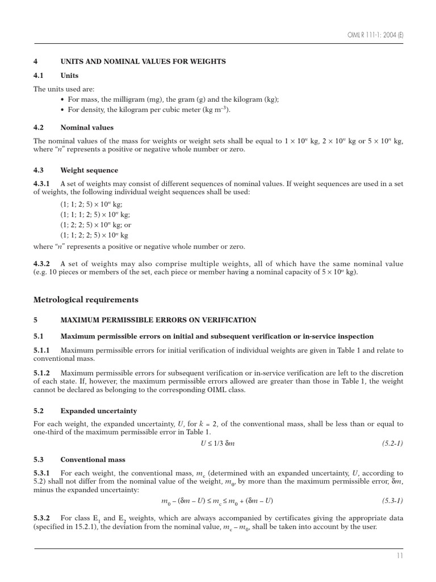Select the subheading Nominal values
tap(87, 127)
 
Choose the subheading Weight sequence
tap(89, 170)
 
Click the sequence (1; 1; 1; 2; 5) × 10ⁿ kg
tap(95, 214)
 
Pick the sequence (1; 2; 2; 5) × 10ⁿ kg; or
tap(95, 225)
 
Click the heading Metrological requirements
tap(86, 300)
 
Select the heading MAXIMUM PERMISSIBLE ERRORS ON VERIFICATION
tap(158, 320)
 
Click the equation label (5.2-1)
tap(392, 443)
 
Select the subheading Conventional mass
tap(93, 459)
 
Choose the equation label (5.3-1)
tap(392, 501)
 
